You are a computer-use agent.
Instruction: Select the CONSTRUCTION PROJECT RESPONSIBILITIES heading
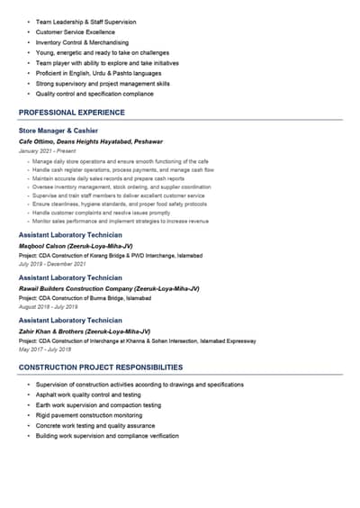[101, 367]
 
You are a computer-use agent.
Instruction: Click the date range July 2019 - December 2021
[52, 264]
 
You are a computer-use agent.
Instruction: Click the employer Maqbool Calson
[76, 245]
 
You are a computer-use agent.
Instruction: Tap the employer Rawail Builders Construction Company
[109, 288]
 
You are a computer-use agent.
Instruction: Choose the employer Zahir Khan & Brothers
[85, 331]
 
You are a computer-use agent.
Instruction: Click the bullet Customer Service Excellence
[76, 32]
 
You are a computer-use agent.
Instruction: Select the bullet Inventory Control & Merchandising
[82, 42]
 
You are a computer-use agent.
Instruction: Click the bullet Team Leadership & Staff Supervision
[85, 21]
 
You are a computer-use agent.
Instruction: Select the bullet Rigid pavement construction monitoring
[89, 415]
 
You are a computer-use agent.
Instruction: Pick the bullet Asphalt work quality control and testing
[88, 395]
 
